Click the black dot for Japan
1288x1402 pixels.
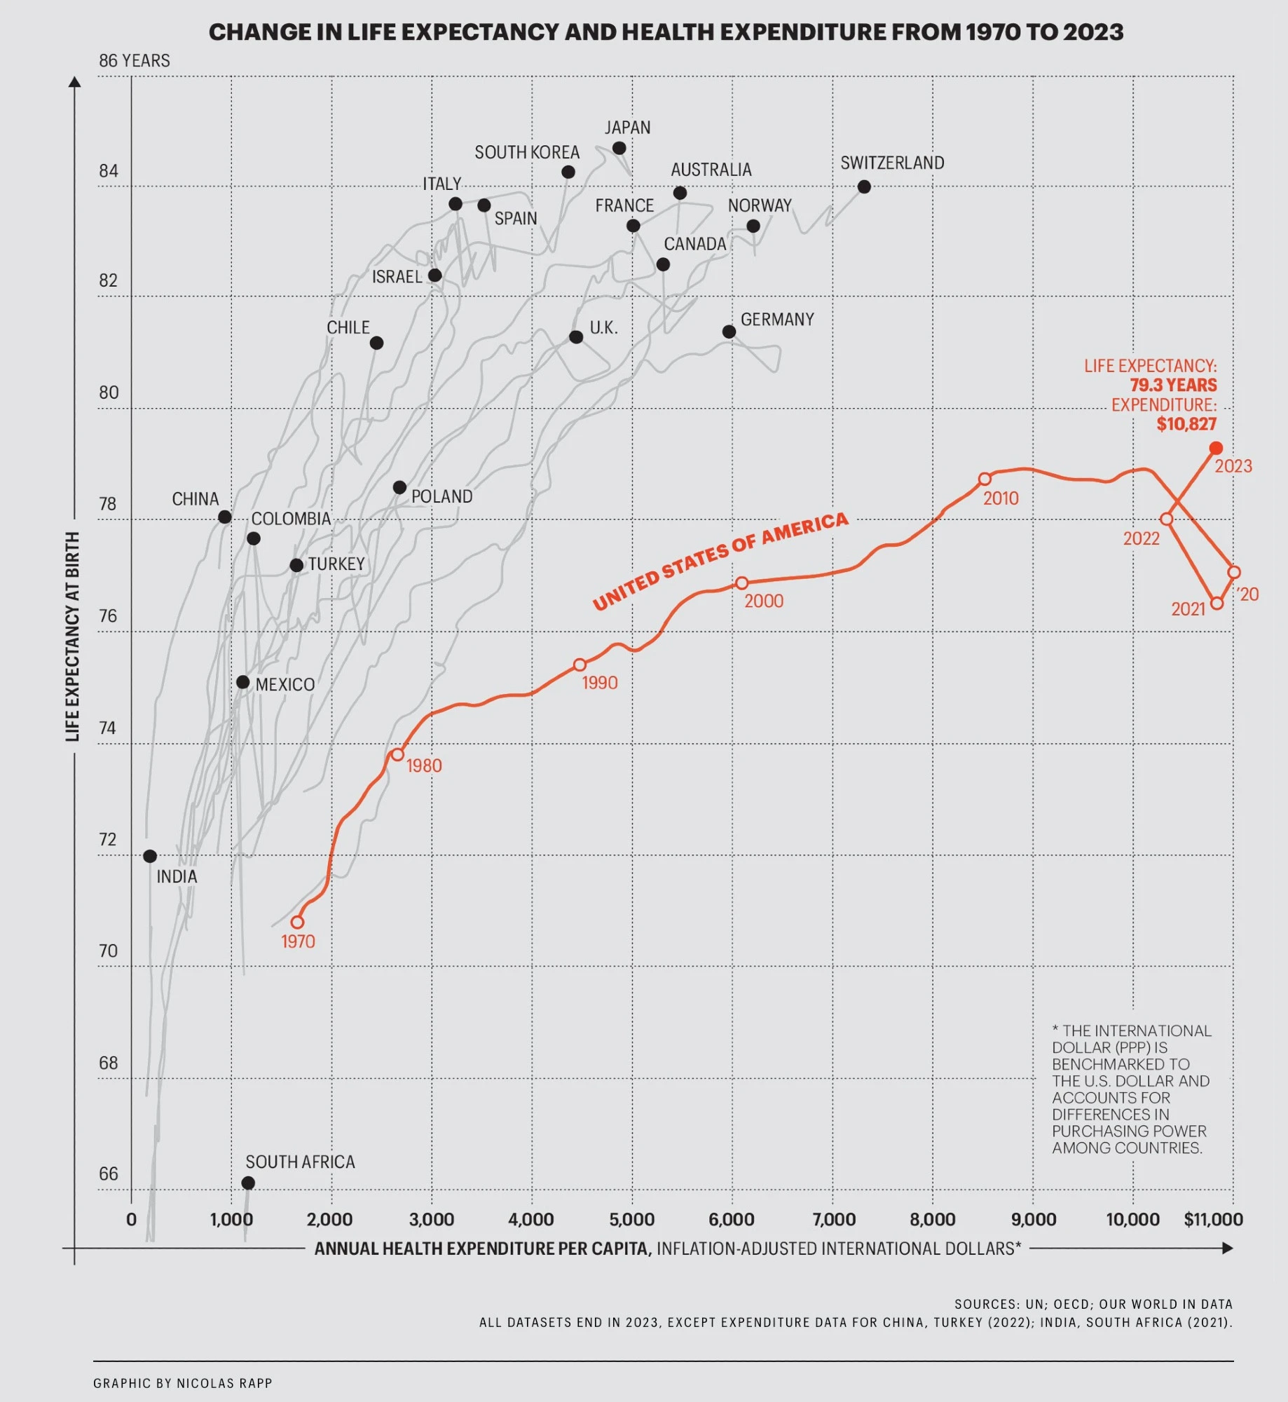pyautogui.click(x=619, y=149)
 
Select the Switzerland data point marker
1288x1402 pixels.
pyautogui.click(x=864, y=187)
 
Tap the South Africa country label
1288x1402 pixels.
pyautogui.click(x=300, y=1162)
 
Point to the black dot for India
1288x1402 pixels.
pyautogui.click(x=150, y=856)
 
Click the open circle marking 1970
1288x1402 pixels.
pyautogui.click(x=298, y=922)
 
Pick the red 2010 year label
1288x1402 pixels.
pyautogui.click(x=1000, y=498)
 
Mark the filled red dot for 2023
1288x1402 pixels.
pyautogui.click(x=1216, y=448)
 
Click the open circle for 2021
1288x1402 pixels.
pyautogui.click(x=1217, y=604)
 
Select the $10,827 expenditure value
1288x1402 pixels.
pyautogui.click(x=1186, y=424)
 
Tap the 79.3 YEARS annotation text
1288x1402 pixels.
pyautogui.click(x=1173, y=385)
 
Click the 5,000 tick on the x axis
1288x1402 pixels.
pyautogui.click(x=631, y=1219)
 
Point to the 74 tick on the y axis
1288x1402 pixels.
pyautogui.click(x=107, y=728)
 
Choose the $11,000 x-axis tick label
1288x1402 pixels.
pyautogui.click(x=1213, y=1219)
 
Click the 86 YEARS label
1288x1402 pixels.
pyautogui.click(x=134, y=61)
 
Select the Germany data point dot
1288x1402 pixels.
pyautogui.click(x=729, y=332)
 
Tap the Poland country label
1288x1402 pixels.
pyautogui.click(x=441, y=496)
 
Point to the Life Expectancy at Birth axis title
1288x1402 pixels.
pyautogui.click(x=72, y=636)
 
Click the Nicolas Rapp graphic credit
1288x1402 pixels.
pyautogui.click(x=182, y=1383)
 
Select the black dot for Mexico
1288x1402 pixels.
pyautogui.click(x=242, y=682)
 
